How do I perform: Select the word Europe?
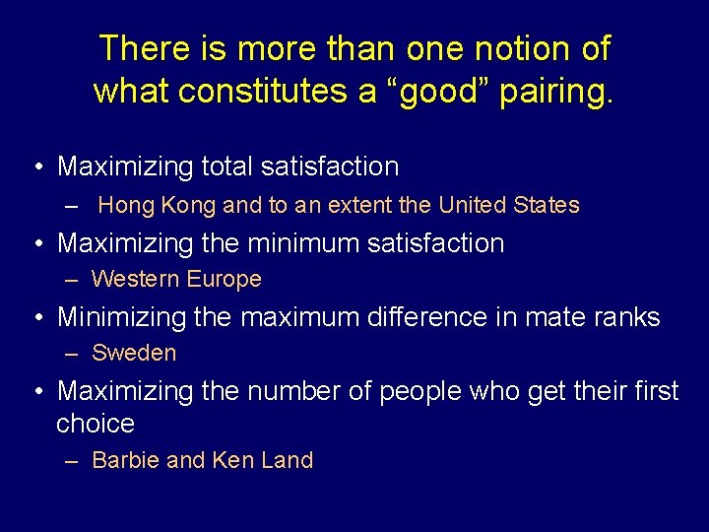pyautogui.click(x=224, y=279)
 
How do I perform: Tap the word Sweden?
pyautogui.click(x=134, y=353)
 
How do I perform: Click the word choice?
pyautogui.click(x=96, y=424)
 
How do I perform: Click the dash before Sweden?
pyautogui.click(x=72, y=353)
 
